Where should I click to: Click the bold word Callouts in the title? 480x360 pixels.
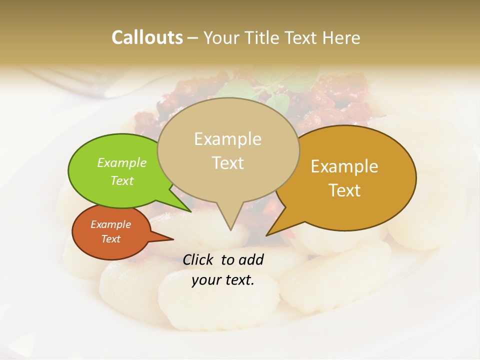coord(147,37)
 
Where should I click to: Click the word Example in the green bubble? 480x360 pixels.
coord(122,162)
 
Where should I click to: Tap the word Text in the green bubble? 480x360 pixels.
coord(122,180)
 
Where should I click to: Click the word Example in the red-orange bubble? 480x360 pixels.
coord(110,224)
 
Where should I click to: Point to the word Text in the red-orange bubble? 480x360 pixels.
coord(110,239)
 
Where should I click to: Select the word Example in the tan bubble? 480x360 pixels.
coord(227,139)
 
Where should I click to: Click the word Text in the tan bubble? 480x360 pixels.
coord(227,163)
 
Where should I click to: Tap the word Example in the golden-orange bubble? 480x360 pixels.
coord(344,166)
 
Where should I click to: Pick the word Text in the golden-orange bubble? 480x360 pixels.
coord(345,190)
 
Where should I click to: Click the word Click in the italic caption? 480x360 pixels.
coord(199,259)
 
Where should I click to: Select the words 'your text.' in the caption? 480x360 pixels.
coord(223,280)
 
